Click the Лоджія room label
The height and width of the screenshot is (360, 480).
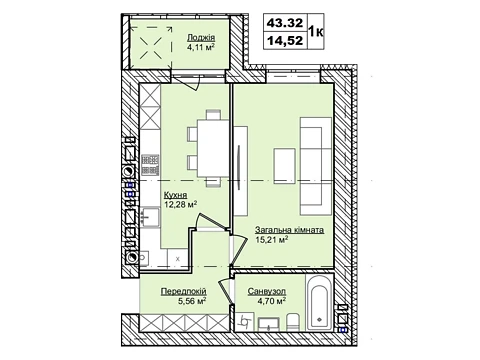click(x=201, y=37)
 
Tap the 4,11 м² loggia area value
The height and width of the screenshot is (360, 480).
click(x=200, y=47)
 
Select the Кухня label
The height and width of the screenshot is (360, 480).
click(x=175, y=195)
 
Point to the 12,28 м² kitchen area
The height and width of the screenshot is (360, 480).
click(x=180, y=204)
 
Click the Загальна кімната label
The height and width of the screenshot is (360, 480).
click(x=289, y=230)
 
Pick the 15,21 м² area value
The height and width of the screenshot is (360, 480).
click(x=272, y=239)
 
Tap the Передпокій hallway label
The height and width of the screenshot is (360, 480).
click(x=184, y=291)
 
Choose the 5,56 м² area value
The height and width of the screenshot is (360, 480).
click(x=192, y=301)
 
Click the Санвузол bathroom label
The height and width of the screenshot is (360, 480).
click(x=267, y=291)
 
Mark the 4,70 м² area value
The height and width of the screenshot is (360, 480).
click(x=272, y=301)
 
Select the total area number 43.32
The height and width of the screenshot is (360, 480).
click(x=285, y=23)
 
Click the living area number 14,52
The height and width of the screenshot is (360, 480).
click(x=285, y=41)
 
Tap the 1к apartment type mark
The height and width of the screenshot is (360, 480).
click(x=316, y=32)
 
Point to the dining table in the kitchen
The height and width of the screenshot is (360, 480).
click(x=213, y=148)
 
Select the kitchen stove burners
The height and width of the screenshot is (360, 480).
click(x=150, y=165)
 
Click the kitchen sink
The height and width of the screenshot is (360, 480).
click(x=150, y=217)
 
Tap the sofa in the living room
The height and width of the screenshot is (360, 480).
click(x=316, y=166)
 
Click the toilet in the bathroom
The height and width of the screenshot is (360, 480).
click(x=293, y=322)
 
